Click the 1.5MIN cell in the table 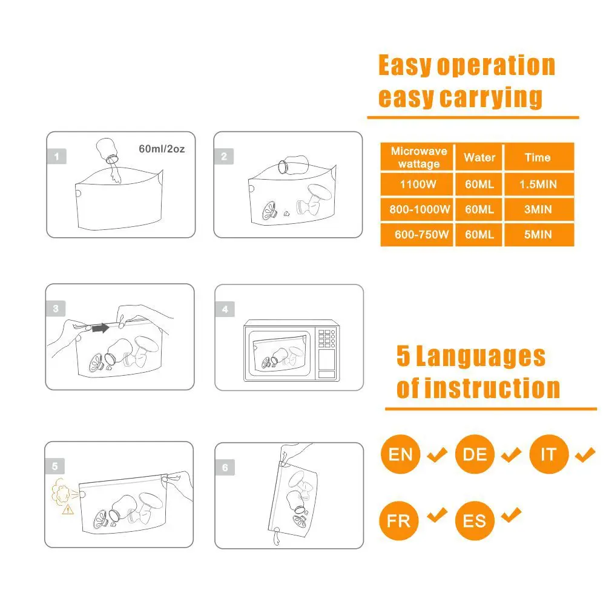pyautogui.click(x=538, y=183)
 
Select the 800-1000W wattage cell pyautogui.click(x=419, y=209)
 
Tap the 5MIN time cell pyautogui.click(x=538, y=235)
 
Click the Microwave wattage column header pyautogui.click(x=419, y=157)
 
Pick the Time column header pyautogui.click(x=538, y=157)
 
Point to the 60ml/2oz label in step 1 pyautogui.click(x=162, y=148)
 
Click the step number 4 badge pyautogui.click(x=225, y=309)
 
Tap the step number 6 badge pyautogui.click(x=225, y=468)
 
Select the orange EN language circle pyautogui.click(x=400, y=454)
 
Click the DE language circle pyautogui.click(x=475, y=454)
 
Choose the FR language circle pyautogui.click(x=400, y=520)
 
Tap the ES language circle pyautogui.click(x=475, y=520)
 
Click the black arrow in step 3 pyautogui.click(x=99, y=328)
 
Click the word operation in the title pyautogui.click(x=495, y=66)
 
